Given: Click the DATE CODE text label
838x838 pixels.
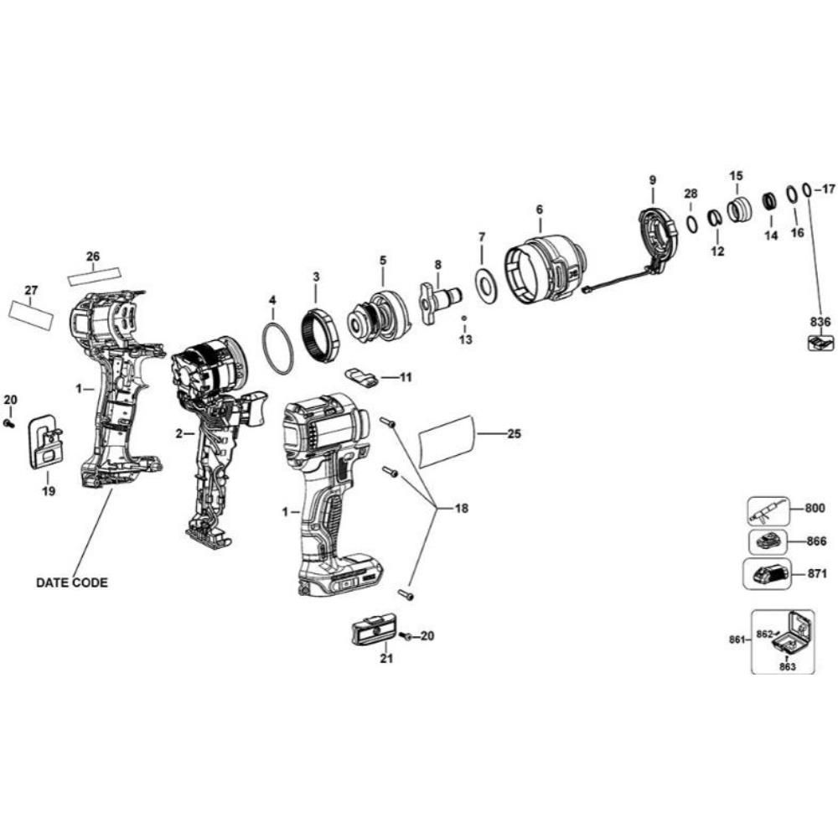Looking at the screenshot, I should click(x=71, y=582).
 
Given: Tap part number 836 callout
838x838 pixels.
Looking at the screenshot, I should click(x=820, y=321).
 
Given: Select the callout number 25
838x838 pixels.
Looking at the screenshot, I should click(x=515, y=433).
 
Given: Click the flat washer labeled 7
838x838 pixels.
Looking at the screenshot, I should click(x=484, y=282).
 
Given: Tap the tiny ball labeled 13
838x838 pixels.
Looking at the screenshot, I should click(x=463, y=318).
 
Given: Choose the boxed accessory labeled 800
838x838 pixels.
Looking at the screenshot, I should click(x=768, y=509).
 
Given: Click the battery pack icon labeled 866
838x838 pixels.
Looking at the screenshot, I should click(x=767, y=541).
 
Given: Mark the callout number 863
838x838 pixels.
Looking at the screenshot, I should click(x=786, y=667).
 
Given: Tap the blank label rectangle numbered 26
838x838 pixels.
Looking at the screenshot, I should click(x=94, y=273).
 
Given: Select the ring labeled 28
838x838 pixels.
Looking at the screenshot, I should click(x=691, y=224).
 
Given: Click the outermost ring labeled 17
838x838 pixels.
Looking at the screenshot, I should click(x=806, y=190).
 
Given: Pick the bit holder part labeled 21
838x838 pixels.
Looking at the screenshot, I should click(x=374, y=628).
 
